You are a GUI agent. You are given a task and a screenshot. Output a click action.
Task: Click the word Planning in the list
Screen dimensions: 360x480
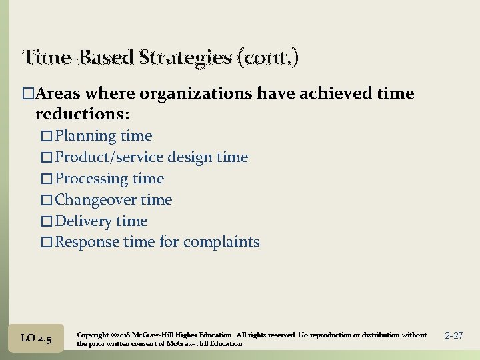point(86,136)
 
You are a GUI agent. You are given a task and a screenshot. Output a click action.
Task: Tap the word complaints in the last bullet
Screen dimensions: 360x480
point(221,242)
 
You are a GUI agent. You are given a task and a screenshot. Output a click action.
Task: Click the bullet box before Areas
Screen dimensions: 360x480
point(27,94)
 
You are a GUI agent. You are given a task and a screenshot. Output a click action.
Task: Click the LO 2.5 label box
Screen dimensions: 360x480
point(36,339)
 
